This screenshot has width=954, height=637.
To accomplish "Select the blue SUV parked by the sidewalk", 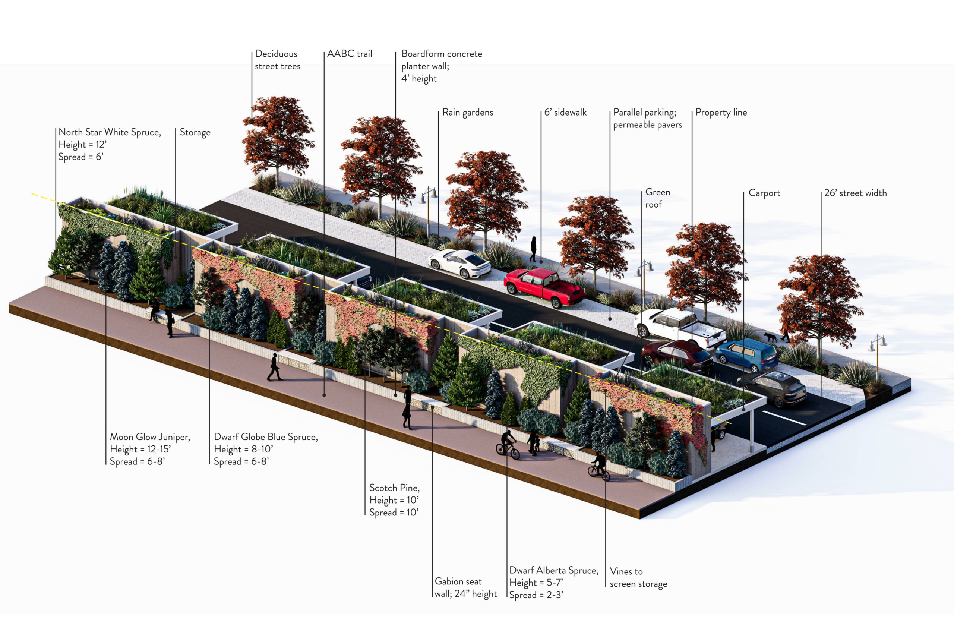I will pos(746,355).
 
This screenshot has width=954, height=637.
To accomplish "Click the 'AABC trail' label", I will pos(349,54).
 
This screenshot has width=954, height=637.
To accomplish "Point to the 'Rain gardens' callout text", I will pos(467,113).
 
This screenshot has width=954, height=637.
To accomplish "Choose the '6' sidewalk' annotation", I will pos(565,113).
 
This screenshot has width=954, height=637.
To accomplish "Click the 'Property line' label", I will pos(721,113).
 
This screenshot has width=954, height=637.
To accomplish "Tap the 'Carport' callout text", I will pos(764,193).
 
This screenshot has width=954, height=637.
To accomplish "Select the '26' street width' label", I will pos(855,193).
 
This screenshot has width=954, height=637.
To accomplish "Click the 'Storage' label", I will pos(195,132).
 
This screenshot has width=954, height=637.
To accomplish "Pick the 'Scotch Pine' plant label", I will pos(394,500).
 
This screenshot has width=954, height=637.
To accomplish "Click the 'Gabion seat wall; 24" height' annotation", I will pos(465,587).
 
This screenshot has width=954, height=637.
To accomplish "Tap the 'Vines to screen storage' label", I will pos(638,577).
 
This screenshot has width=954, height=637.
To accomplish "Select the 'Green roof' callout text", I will pos(657,198).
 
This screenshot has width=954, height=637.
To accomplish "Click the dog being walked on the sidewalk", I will pos(770,337).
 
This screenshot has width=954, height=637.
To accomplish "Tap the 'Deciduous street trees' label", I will pos(277,60).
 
